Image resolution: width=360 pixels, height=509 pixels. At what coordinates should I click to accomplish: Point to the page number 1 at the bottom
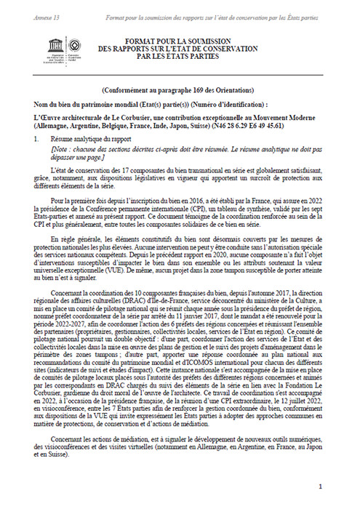point(329,485)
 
